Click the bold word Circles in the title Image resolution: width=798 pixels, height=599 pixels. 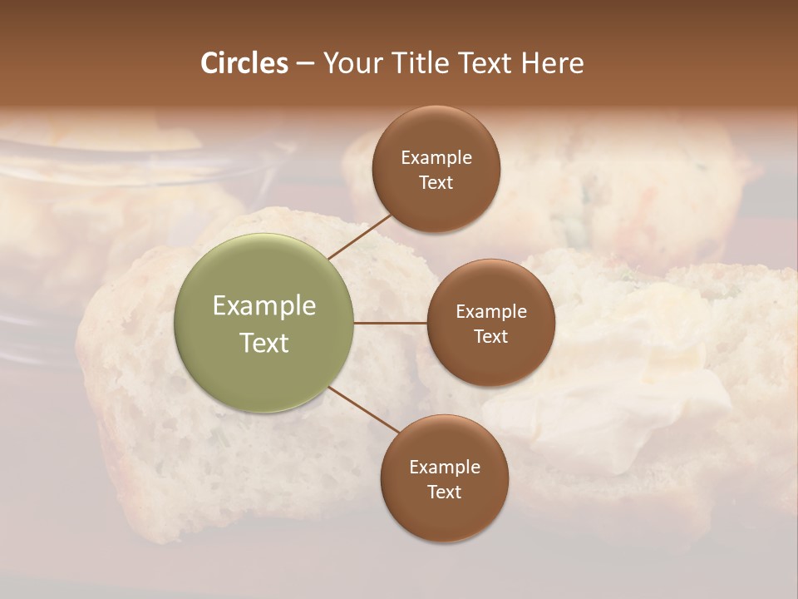[x=244, y=63]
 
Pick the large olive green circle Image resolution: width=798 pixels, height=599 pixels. [x=264, y=323]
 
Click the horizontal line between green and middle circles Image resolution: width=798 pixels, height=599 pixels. [x=391, y=323]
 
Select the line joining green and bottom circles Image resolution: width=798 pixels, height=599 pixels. [x=364, y=410]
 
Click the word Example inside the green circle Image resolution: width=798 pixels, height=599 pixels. [x=264, y=306]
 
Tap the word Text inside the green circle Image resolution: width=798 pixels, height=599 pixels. [x=264, y=343]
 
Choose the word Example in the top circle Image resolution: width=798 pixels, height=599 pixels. [x=436, y=158]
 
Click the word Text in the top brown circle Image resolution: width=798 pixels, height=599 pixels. [x=436, y=182]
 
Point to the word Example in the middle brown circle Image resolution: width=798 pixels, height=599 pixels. [x=490, y=312]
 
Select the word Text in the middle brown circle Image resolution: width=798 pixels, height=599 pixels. [x=490, y=336]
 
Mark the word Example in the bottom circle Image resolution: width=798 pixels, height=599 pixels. [x=444, y=468]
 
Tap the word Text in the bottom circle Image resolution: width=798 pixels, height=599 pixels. [x=444, y=492]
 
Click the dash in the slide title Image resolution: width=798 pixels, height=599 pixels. [x=305, y=64]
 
